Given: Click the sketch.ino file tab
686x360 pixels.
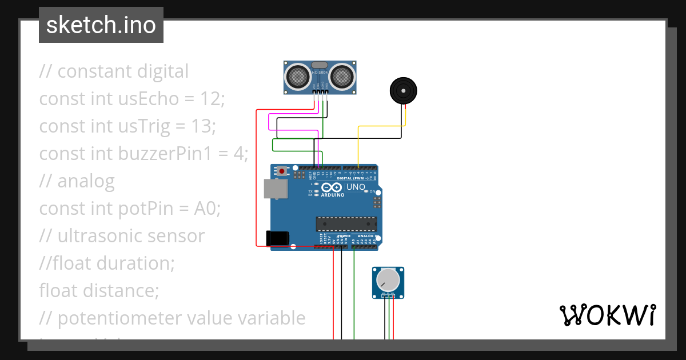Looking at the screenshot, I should point(101,25).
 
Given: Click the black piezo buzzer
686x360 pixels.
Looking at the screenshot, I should point(404,91).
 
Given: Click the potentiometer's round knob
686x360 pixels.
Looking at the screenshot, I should point(388,280).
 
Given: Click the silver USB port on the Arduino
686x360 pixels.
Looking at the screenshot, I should point(276,189).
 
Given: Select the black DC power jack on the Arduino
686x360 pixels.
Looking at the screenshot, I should point(278,238).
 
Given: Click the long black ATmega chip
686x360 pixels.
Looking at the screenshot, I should point(347,226).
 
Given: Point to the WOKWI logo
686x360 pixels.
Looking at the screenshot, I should point(607,315).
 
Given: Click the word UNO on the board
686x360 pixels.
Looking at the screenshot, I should point(356,187).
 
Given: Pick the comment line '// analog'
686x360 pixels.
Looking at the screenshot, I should point(77,181).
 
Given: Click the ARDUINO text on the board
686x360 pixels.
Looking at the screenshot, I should point(333,195).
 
